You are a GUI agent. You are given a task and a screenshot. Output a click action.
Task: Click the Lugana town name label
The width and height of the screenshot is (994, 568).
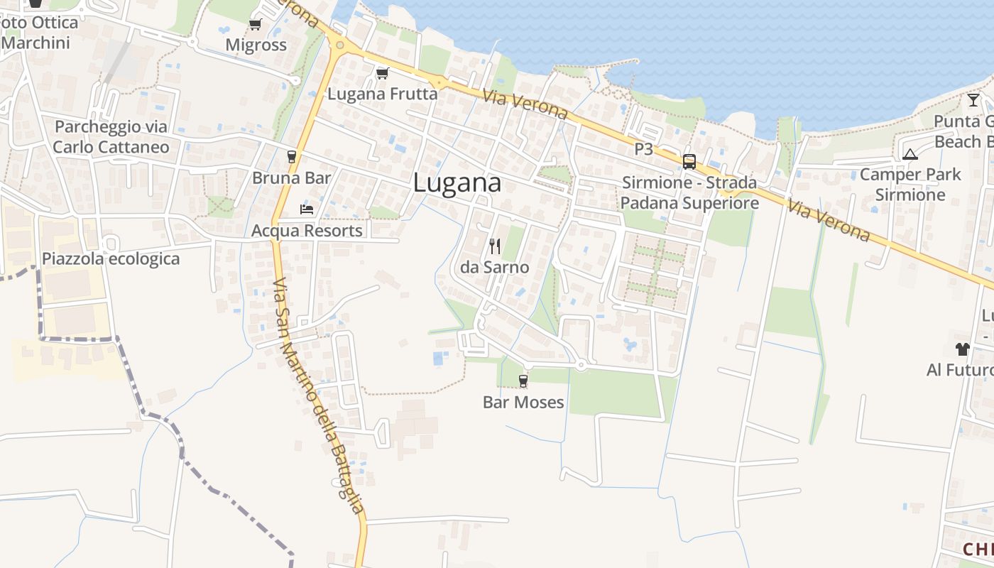pyautogui.click(x=457, y=183)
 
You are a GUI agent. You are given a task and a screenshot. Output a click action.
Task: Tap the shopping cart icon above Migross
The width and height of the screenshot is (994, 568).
pyautogui.click(x=255, y=25)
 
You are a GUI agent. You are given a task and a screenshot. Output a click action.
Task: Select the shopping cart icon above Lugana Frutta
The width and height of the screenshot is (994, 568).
pyautogui.click(x=382, y=73)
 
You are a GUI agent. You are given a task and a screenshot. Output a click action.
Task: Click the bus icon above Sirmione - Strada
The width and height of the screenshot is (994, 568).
pyautogui.click(x=689, y=161)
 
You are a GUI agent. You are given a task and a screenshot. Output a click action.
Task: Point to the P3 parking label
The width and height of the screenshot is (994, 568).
pyautogui.click(x=643, y=149)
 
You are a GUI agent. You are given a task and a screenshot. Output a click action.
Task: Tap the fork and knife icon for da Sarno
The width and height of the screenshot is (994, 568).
pyautogui.click(x=495, y=246)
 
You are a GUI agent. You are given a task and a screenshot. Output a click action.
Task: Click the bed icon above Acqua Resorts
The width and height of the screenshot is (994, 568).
pyautogui.click(x=307, y=209)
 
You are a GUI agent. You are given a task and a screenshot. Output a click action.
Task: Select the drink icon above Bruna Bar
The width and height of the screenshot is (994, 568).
pyautogui.click(x=291, y=157)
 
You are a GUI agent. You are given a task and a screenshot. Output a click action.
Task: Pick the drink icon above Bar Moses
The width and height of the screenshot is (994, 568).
pyautogui.click(x=523, y=381)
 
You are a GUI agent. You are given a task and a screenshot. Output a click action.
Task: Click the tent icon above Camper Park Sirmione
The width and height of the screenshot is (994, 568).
pyautogui.click(x=910, y=154)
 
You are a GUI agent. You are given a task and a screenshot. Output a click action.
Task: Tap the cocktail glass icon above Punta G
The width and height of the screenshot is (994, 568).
pyautogui.click(x=973, y=100)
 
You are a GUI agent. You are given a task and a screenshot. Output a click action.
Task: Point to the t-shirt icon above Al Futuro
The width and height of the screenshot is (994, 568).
pyautogui.click(x=962, y=349)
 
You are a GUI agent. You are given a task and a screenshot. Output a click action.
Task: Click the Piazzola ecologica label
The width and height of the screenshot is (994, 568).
pyautogui.click(x=111, y=258)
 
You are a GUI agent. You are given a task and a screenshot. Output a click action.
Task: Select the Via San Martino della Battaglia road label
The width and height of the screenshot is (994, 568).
pyautogui.click(x=318, y=395)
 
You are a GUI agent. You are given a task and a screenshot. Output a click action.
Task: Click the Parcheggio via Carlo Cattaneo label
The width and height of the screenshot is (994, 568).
pyautogui.click(x=111, y=137)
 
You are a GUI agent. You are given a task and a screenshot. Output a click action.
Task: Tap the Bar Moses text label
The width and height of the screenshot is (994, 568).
pyautogui.click(x=523, y=403)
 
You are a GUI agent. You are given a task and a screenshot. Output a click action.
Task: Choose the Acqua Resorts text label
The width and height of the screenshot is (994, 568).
pyautogui.click(x=307, y=231)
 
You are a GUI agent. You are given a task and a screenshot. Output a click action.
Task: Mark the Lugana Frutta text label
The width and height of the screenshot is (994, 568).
pyautogui.click(x=382, y=94)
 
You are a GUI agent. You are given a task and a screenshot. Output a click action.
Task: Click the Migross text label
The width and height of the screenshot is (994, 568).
pyautogui.click(x=256, y=45)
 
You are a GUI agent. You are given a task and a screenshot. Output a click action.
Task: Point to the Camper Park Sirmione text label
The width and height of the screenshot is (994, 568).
pyautogui.click(x=910, y=185)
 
